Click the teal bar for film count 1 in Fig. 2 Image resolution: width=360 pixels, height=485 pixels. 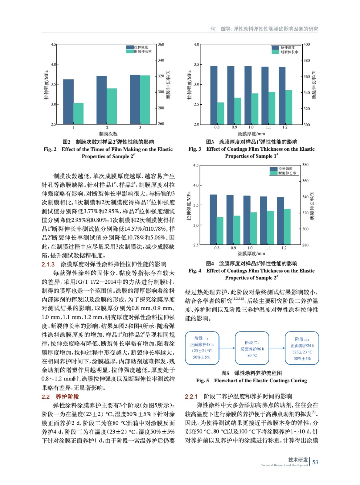(x=78, y=113)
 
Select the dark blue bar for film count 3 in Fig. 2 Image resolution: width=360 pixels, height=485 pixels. (x=135, y=99)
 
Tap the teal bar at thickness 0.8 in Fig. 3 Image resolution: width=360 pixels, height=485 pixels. (x=221, y=113)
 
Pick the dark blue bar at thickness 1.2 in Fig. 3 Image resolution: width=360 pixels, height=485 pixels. (x=282, y=95)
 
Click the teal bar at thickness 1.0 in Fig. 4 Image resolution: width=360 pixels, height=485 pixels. (x=254, y=228)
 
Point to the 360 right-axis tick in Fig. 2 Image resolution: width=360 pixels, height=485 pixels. (x=161, y=44)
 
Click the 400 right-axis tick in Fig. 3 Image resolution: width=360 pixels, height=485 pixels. (x=307, y=44)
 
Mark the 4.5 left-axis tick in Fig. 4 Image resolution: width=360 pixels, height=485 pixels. (x=196, y=165)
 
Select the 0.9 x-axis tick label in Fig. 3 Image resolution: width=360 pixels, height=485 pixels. (x=234, y=127)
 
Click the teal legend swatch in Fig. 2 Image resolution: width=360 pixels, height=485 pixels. (x=130, y=52)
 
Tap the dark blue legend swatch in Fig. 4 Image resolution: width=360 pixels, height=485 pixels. (x=274, y=169)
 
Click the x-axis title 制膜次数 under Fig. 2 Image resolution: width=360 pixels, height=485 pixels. (x=108, y=134)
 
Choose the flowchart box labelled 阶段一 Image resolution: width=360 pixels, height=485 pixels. (x=202, y=348)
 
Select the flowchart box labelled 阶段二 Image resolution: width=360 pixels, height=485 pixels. (x=252, y=348)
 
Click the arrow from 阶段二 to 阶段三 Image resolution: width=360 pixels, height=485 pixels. (x=277, y=348)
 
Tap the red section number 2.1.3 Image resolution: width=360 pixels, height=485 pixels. (x=48, y=264)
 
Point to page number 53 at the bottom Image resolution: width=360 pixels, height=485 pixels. (x=315, y=462)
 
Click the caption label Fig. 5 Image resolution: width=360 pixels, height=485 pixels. (x=202, y=380)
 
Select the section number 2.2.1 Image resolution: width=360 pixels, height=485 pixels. (x=191, y=396)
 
